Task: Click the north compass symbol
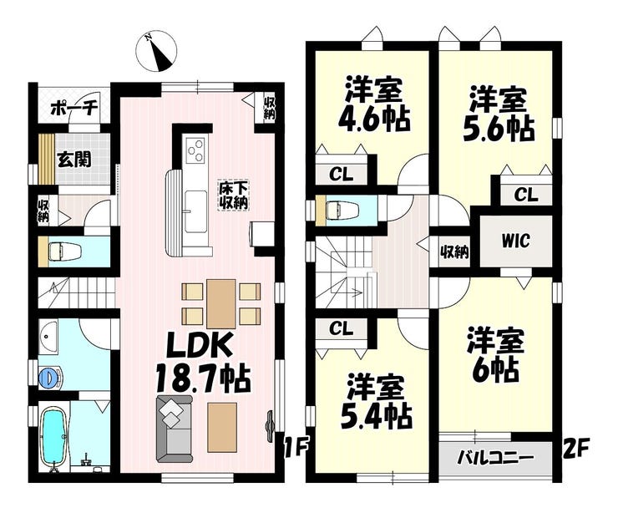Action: coord(156,51)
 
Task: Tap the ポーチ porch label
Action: coord(73,107)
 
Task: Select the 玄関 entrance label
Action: coord(74,159)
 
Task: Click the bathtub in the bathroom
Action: coord(53,437)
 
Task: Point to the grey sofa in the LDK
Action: coord(175,429)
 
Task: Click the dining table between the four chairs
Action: coord(221,303)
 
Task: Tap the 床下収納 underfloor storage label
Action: coord(233,196)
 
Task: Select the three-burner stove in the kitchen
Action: coord(195,150)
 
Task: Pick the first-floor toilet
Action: coord(64,251)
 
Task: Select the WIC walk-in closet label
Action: coord(515,241)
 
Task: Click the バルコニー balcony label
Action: coord(495,459)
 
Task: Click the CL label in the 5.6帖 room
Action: coord(525,195)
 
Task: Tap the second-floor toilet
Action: coord(342,210)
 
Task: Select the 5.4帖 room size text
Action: coord(377,415)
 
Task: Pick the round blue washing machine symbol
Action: coord(50,377)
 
